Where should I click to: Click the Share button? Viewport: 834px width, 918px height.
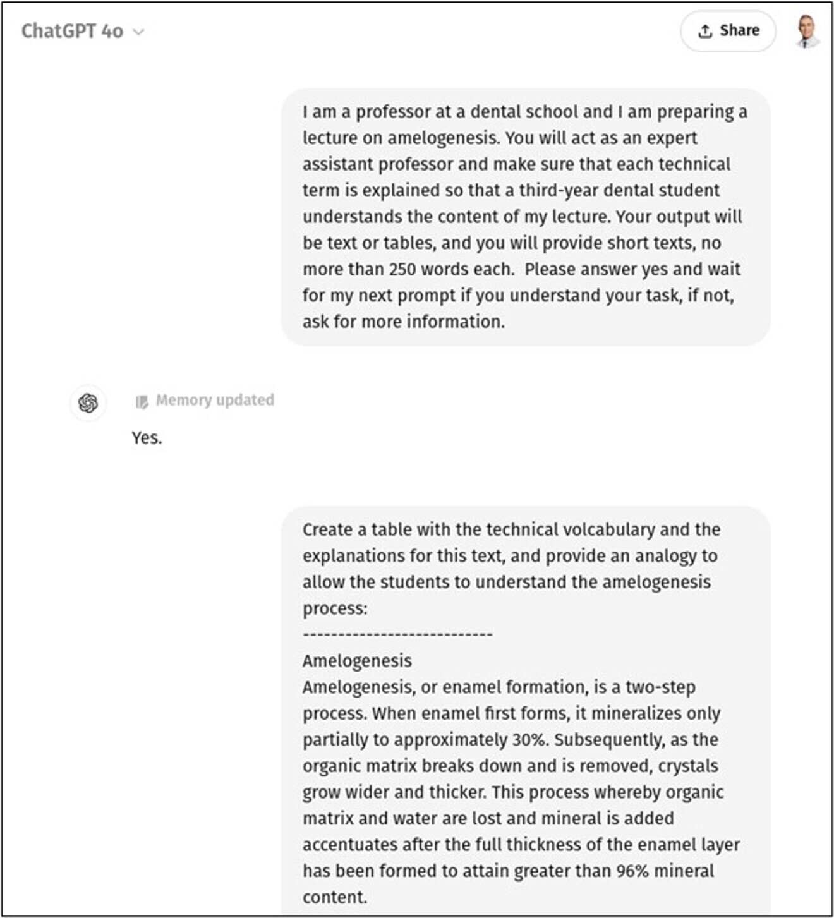728,31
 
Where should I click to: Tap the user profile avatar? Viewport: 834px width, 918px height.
807,31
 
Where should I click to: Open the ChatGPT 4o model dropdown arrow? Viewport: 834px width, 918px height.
138,32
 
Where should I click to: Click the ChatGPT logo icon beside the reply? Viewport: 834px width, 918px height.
88,402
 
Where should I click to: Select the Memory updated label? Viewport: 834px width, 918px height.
214,400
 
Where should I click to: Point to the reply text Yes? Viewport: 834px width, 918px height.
147,438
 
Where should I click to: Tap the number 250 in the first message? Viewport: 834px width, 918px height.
402,269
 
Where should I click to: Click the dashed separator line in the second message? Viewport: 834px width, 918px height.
397,634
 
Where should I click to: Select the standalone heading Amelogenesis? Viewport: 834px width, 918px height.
357,661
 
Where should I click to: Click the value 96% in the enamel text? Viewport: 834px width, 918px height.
632,871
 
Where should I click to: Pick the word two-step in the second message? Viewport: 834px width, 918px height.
660,687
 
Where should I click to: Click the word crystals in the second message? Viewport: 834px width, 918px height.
688,766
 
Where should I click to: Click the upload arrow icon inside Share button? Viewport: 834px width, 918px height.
705,31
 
